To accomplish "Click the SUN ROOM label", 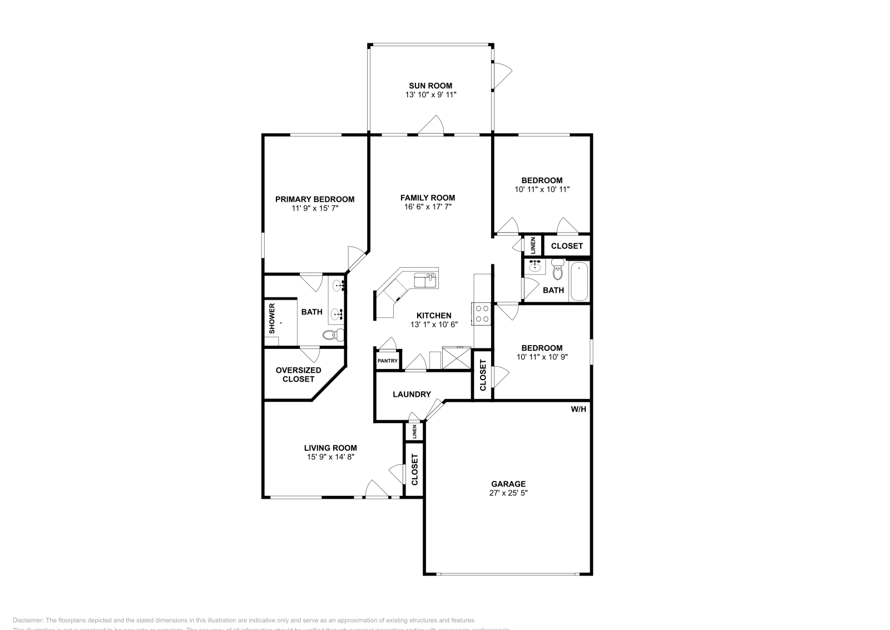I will click(x=431, y=86).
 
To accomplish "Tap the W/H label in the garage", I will click(x=578, y=409).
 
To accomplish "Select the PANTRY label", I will click(x=388, y=361).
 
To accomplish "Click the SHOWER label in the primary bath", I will click(x=272, y=318).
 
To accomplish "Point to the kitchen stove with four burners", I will click(x=482, y=314).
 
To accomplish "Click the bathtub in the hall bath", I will click(x=579, y=282).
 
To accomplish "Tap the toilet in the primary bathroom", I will click(x=332, y=334).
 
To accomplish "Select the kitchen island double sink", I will click(x=426, y=280).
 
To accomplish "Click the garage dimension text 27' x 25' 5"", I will click(x=508, y=493).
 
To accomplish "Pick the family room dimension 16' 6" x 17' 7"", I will click(x=428, y=207).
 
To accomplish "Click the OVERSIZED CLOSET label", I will click(x=298, y=375).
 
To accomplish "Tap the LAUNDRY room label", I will click(x=412, y=394).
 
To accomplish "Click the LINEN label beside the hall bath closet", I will click(x=533, y=245).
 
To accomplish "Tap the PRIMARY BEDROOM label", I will click(x=315, y=199).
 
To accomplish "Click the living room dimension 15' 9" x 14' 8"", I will click(x=330, y=457).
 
